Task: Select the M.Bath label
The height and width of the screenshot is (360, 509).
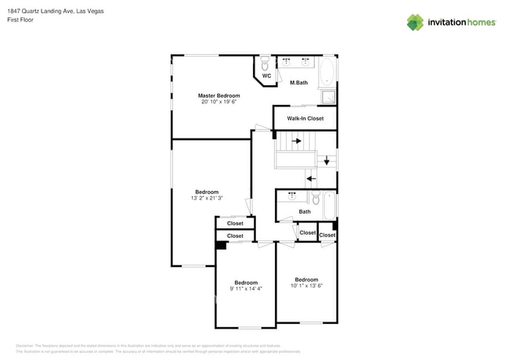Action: pos(298,83)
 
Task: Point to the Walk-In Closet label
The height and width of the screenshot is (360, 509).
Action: pos(305,118)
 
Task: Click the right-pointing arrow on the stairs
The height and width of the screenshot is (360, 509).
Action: pos(297,142)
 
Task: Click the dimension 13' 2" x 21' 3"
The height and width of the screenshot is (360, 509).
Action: pos(207,199)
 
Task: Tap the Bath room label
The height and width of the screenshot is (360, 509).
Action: pos(305,211)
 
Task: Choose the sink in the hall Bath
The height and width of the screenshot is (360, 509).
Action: pos(292,196)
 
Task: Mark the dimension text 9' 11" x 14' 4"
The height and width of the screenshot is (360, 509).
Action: pos(246,289)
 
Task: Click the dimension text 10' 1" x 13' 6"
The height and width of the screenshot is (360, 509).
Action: pos(306,286)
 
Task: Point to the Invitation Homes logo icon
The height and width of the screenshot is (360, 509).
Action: pos(415,22)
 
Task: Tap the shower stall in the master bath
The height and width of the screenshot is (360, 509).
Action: pos(329,98)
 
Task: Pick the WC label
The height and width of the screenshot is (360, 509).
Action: pos(266,76)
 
